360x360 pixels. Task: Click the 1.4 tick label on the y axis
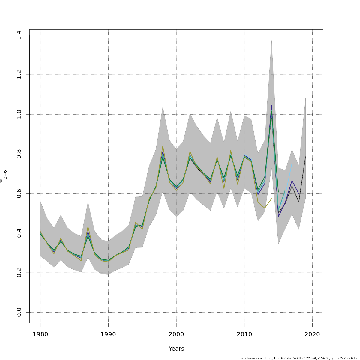19,35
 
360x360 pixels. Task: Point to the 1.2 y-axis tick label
19,75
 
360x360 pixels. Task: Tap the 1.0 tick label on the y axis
19,114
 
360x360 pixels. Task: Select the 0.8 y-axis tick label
19,154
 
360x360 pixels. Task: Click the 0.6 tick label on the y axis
19,193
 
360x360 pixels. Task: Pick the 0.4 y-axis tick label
19,233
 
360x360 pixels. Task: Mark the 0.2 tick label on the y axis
19,273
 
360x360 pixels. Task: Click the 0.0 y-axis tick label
19,312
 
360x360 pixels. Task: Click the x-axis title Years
176,349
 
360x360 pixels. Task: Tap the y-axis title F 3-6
4,176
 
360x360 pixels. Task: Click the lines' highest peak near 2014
271,105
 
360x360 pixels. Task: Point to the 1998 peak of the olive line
163,146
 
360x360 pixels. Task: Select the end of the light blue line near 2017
292,163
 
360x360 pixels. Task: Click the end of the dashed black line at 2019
306,156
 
